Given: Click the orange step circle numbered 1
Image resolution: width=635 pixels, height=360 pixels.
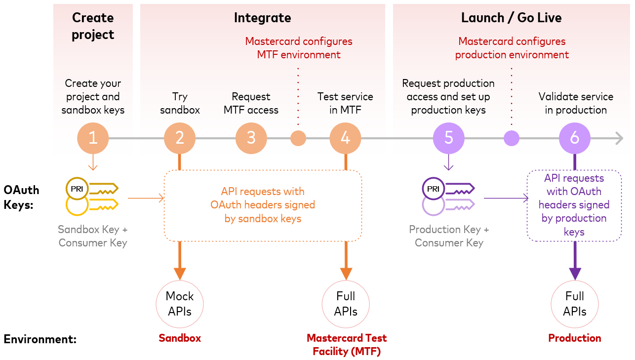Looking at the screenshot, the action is coord(93,138).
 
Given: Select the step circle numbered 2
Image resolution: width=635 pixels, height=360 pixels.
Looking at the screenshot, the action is coord(180,138).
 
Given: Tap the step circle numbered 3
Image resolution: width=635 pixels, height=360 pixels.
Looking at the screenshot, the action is coord(251,138).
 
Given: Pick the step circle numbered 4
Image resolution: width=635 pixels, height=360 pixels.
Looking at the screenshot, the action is coord(345,138).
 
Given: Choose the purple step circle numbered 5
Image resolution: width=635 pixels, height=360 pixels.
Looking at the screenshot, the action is coord(448,138).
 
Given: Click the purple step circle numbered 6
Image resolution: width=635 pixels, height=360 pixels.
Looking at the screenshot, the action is coord(575,138).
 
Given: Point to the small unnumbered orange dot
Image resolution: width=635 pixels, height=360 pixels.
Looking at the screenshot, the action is coord(298,138).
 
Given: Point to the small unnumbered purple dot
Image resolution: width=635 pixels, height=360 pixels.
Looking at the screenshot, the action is coord(512,138).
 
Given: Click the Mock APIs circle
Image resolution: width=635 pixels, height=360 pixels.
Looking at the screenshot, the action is coord(180,304).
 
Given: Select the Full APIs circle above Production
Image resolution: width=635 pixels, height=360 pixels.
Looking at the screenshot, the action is coord(575,304).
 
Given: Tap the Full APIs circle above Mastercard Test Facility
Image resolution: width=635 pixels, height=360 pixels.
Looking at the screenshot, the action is coord(346,304).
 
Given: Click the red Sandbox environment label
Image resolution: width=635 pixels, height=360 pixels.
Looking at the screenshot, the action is coord(180,338).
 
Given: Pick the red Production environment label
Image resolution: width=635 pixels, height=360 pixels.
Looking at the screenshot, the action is coord(575,338).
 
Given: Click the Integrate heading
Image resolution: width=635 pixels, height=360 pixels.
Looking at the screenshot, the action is coord(263,18).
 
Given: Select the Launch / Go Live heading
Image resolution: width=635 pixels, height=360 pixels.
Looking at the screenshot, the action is coord(512,18).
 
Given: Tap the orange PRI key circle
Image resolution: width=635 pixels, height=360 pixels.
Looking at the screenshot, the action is coord(77,189).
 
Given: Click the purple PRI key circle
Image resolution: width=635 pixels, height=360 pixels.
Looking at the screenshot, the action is coord(433,189).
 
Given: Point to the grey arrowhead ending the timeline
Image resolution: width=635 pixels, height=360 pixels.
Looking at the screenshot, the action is coord(620,138).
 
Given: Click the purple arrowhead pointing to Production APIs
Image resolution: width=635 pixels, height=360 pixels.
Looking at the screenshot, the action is coord(575,274).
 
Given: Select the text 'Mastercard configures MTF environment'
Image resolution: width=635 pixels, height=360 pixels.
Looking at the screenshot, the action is coord(299,48).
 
